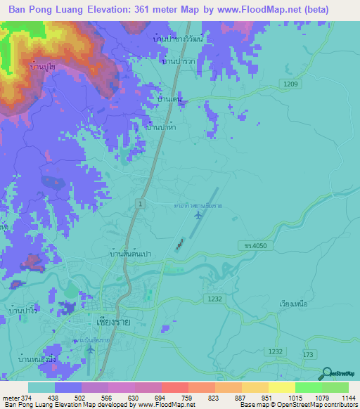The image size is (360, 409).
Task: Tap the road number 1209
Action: pos(292,84)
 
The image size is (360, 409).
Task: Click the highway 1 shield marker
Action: pos(141,203)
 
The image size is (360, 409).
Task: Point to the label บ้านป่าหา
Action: pos(160,128)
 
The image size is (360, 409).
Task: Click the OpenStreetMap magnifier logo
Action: pos(327,375)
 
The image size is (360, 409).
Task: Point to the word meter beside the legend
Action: pos(11,398)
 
